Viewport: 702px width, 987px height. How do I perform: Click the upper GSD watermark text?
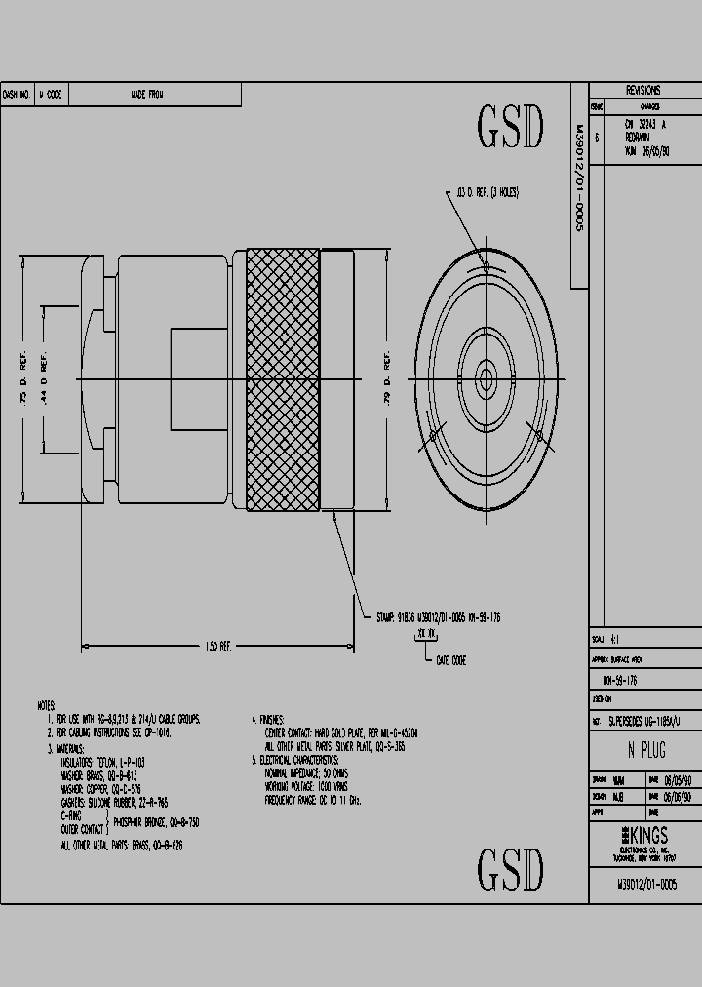509,127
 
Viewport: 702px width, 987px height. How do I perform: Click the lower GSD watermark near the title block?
509,869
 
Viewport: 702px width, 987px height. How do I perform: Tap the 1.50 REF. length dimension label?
216,646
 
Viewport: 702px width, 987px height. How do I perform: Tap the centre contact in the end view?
486,377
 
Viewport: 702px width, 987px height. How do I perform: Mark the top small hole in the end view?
486,264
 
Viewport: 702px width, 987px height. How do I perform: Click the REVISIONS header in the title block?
643,88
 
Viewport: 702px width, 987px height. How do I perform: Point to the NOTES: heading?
47,704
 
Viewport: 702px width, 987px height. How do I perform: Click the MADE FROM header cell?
147,95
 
